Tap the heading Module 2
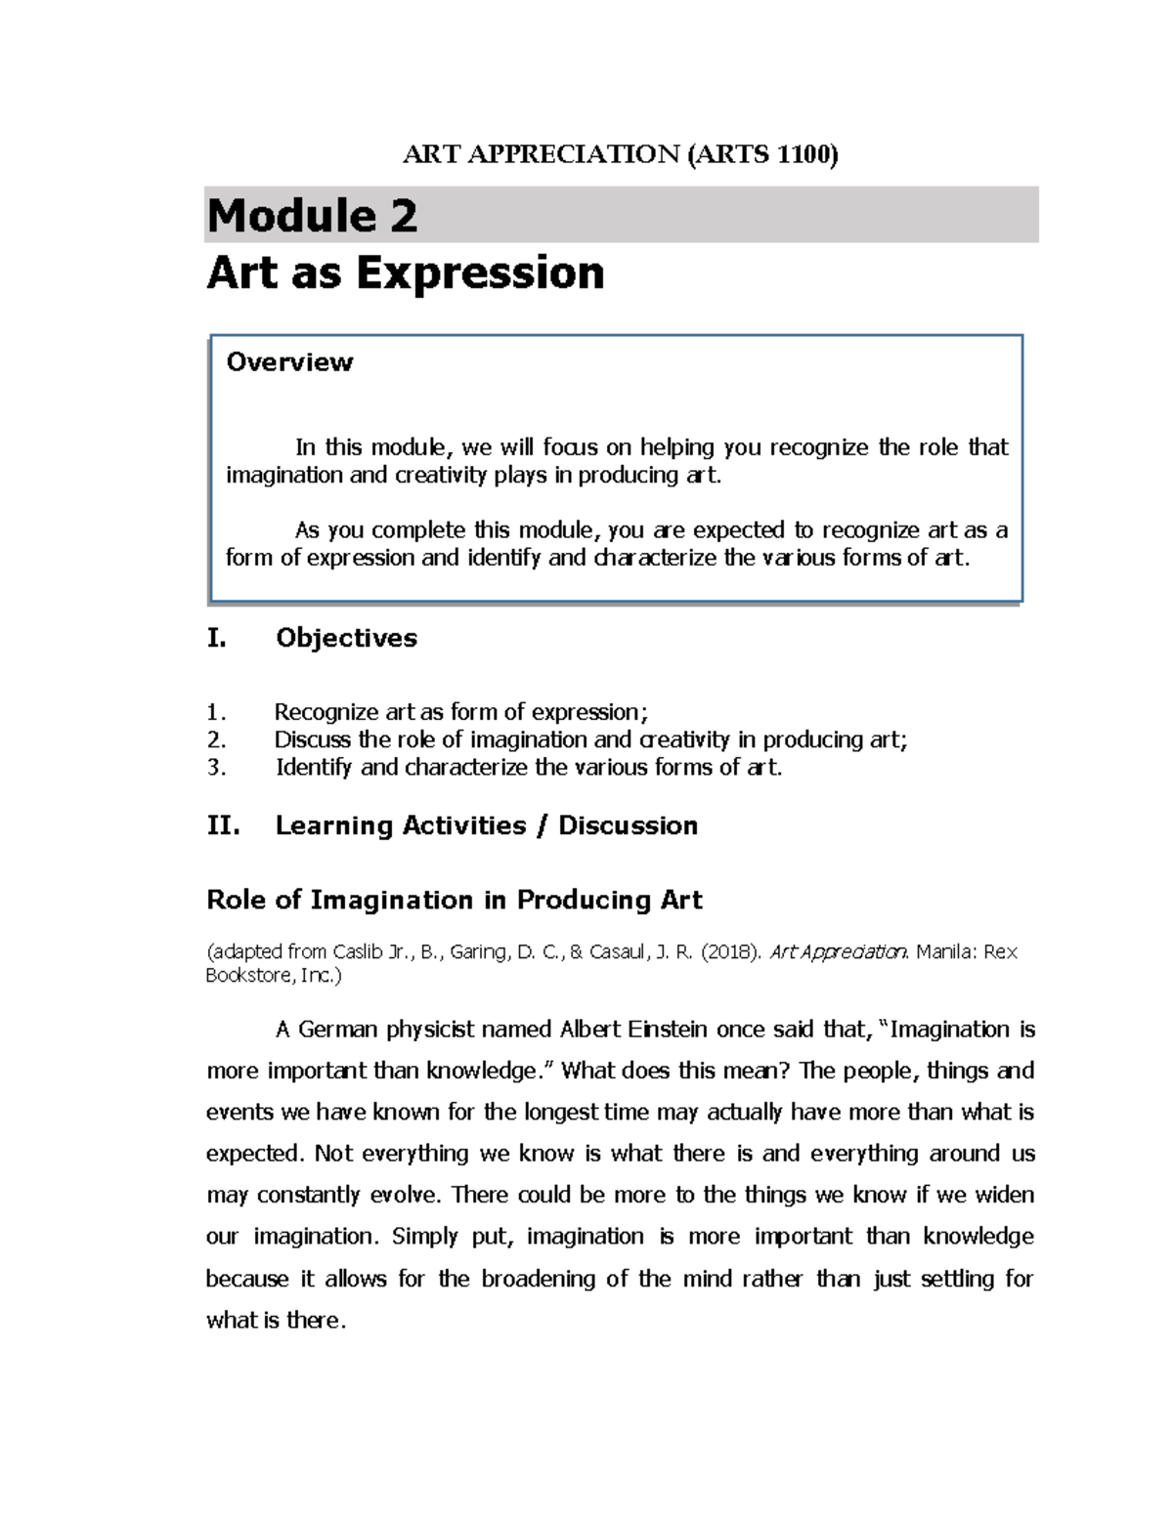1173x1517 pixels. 312,216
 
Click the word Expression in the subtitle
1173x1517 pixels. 480,273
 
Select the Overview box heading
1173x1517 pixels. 289,362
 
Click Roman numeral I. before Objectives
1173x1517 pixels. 216,638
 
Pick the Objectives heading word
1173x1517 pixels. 346,638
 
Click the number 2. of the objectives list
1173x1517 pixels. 216,739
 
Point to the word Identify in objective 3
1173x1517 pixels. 314,767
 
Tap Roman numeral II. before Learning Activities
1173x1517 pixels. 223,825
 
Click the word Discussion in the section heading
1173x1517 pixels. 628,825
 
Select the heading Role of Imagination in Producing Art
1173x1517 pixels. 455,900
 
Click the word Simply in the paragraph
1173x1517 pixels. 425,1237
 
